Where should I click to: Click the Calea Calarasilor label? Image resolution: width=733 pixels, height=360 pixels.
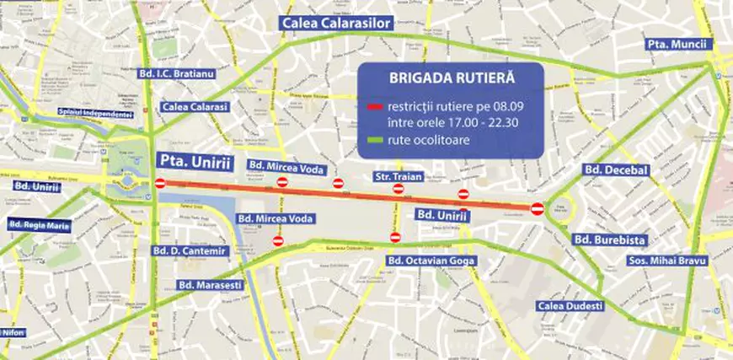tap(337, 24)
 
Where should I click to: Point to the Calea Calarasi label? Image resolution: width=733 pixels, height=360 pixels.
tap(195, 107)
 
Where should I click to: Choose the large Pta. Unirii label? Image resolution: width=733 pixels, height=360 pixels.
tap(194, 161)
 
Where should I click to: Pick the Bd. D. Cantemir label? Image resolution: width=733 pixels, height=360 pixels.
tap(190, 250)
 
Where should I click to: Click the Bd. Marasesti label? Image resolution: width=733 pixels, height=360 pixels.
tap(207, 285)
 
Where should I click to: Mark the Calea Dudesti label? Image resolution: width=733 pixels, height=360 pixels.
tap(571, 306)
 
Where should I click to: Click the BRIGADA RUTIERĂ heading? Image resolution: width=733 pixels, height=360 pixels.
tap(451, 78)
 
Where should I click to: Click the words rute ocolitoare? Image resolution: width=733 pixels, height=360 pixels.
tap(428, 140)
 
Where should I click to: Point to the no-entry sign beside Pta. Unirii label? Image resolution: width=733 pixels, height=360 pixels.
tap(161, 183)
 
